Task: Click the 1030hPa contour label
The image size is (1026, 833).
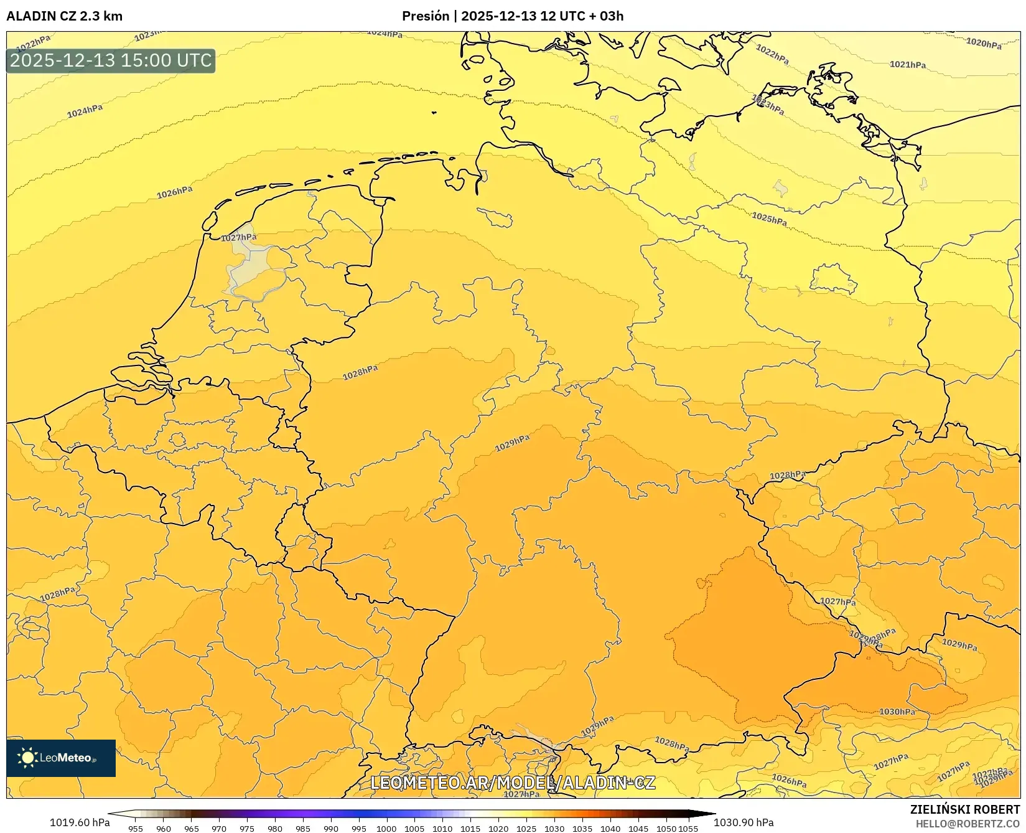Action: [x=897, y=712]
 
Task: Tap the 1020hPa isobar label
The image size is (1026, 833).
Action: [x=984, y=43]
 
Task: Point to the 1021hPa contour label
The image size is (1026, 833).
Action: [x=907, y=64]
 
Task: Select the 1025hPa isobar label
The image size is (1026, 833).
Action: [x=769, y=219]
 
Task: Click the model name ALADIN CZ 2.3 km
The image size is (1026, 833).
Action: [x=65, y=16]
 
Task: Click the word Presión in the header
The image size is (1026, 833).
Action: [x=426, y=16]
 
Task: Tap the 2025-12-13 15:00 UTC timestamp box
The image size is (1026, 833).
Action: [x=111, y=60]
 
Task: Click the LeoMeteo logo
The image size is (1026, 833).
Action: [x=61, y=758]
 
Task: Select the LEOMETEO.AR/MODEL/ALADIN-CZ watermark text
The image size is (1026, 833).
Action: [x=513, y=783]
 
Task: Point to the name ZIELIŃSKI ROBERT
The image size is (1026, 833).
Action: [x=965, y=810]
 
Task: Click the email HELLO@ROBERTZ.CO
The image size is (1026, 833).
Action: [x=968, y=824]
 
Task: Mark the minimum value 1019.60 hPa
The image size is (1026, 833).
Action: [x=80, y=822]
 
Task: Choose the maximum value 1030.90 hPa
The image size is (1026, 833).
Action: [x=744, y=822]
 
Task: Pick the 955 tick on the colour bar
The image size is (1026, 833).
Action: [x=136, y=828]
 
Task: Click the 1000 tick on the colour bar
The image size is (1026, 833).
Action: [x=386, y=828]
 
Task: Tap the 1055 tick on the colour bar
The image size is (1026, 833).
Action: [x=688, y=828]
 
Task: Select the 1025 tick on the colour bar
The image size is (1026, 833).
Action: [x=526, y=828]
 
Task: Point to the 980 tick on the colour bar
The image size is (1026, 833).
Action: [x=275, y=828]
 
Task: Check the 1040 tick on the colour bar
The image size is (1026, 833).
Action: [x=610, y=828]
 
